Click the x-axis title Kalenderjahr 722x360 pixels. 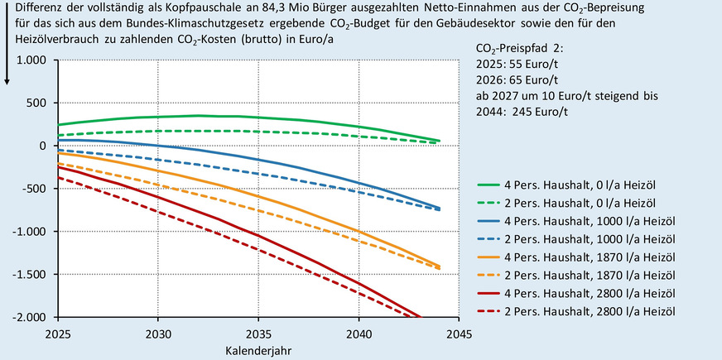point(258,351)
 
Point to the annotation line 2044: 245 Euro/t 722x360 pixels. point(530,110)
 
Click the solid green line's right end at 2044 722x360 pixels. point(438,141)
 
